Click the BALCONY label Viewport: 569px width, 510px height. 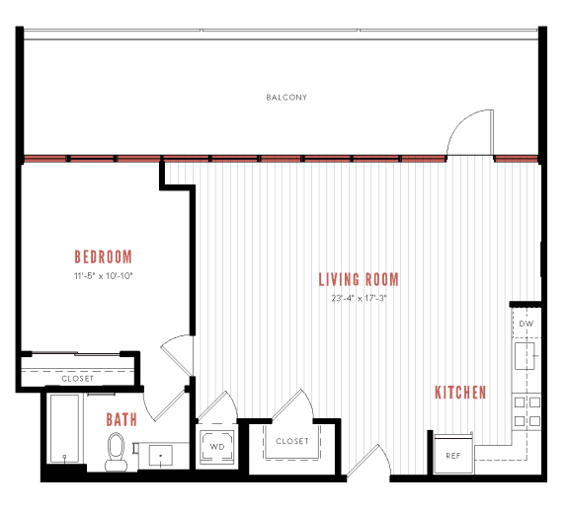tap(286, 98)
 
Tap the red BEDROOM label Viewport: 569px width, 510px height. tap(103, 258)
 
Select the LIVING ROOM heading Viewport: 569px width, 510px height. tap(359, 280)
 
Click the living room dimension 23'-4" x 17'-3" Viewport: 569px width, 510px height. tap(359, 299)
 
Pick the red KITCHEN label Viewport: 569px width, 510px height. tap(460, 393)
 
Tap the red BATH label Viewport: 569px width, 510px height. tap(122, 420)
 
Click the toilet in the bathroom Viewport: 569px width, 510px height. tap(116, 452)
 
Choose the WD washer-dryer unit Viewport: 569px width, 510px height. tap(216, 446)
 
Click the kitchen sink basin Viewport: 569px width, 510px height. tap(525, 352)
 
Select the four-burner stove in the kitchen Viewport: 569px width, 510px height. tap(526, 411)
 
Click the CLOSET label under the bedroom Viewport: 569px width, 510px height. tap(77, 379)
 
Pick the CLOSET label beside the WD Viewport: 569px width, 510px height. tap(291, 441)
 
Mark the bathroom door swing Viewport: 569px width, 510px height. tap(176, 403)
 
